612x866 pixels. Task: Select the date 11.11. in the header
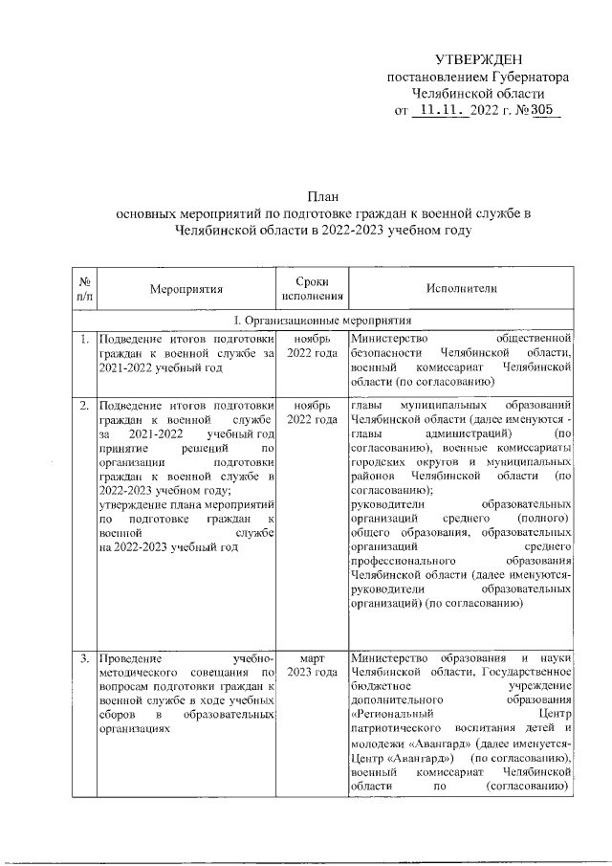[441, 112]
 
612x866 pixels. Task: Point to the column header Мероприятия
[186, 287]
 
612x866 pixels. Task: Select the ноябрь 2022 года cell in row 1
[313, 345]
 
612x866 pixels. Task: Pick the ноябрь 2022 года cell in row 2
[313, 413]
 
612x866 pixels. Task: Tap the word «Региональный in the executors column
[393, 713]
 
